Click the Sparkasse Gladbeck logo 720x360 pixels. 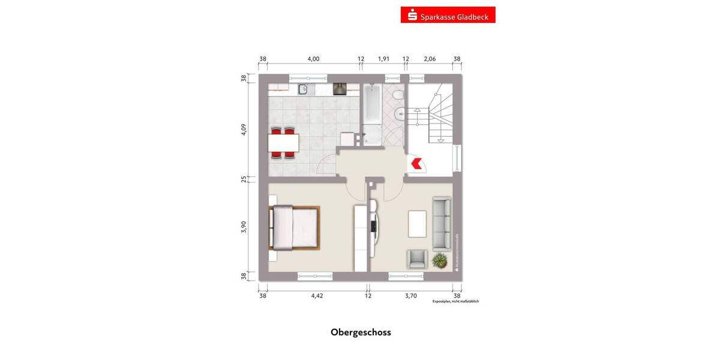448,15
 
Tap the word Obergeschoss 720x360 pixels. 361,332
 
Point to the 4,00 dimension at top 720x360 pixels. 313,59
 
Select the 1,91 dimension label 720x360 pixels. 383,59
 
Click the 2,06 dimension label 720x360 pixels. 430,59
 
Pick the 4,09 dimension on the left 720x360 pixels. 244,130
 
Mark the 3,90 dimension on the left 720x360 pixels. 244,227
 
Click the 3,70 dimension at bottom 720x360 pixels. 411,295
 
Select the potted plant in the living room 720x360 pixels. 440,260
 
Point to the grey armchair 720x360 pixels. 417,259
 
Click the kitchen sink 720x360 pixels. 304,89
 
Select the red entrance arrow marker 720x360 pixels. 415,163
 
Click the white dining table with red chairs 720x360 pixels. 284,143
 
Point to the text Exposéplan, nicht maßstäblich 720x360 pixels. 455,301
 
